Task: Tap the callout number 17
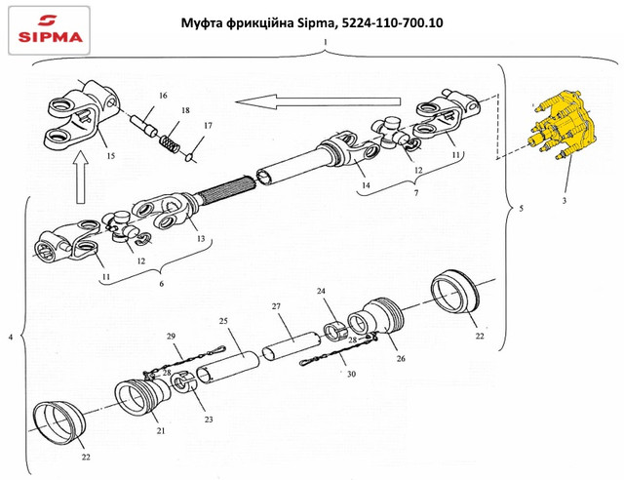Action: tap(208, 126)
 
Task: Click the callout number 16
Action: tap(163, 96)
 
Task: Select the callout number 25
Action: tap(222, 320)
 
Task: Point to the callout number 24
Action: tap(321, 292)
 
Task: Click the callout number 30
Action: tap(352, 374)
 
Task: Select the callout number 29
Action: tap(173, 337)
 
